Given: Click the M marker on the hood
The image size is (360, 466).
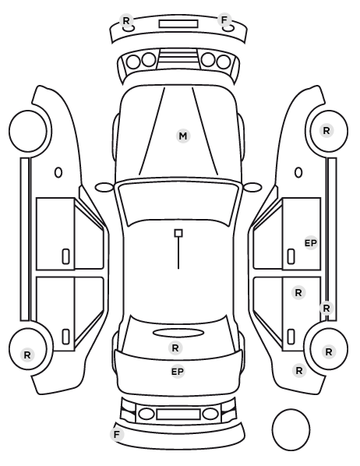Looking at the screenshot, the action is point(183,136).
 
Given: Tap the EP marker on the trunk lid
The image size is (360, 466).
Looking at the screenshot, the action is point(178,372).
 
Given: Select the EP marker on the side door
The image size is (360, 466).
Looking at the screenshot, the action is point(311,243).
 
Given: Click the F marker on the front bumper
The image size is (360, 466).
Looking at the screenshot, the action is point(224,20).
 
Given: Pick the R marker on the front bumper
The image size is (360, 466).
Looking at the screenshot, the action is point(126,21).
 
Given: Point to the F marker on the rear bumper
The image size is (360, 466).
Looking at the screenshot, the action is point(117,434).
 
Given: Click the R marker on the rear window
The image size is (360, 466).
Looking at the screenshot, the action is point(175,348).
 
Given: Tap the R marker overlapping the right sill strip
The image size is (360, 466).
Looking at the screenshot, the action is point(326,308).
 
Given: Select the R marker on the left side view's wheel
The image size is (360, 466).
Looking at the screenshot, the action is point(27,355).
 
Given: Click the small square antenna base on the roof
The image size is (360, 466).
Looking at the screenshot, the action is point(178,233).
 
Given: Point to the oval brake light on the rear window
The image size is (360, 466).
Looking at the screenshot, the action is point(178,333).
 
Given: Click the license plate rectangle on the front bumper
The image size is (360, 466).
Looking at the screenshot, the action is point(178,24).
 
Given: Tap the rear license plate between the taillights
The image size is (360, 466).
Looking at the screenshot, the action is point(178,414).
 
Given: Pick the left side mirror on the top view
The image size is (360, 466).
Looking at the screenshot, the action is point(104,187).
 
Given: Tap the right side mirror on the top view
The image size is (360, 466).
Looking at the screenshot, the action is point(252,187).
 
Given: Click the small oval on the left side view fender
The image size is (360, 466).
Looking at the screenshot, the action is point(58,172).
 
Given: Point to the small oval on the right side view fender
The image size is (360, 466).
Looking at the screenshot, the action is point(298,172).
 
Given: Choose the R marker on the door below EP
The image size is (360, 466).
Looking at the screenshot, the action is point(298,293).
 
